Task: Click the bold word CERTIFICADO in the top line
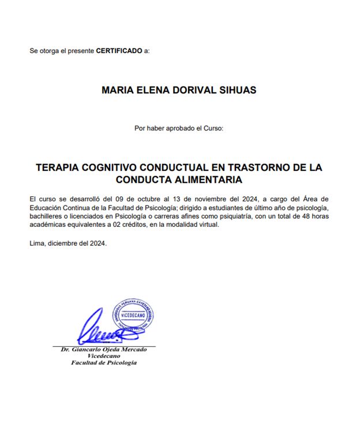[119, 51]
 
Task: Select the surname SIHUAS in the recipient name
[237, 91]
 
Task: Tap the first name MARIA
[117, 91]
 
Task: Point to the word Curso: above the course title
[213, 128]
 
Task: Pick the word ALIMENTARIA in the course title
[211, 179]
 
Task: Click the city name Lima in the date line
[36, 242]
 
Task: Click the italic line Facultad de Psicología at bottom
[104, 362]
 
